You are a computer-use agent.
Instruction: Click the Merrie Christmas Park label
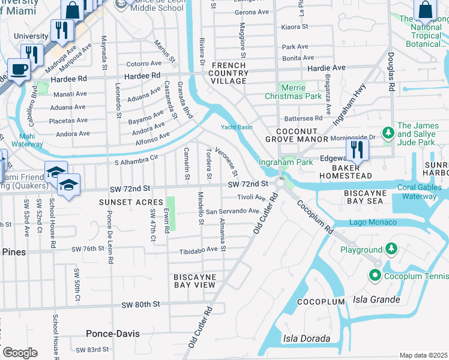point(292,92)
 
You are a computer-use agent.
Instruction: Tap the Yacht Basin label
point(236,127)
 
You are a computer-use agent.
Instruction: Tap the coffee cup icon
point(19,69)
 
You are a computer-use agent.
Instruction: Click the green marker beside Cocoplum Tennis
point(375,275)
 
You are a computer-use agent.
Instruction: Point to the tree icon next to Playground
point(391,248)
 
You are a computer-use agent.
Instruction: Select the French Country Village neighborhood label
point(229,73)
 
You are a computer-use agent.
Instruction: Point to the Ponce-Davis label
point(112,333)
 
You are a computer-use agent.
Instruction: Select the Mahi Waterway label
point(26,140)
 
